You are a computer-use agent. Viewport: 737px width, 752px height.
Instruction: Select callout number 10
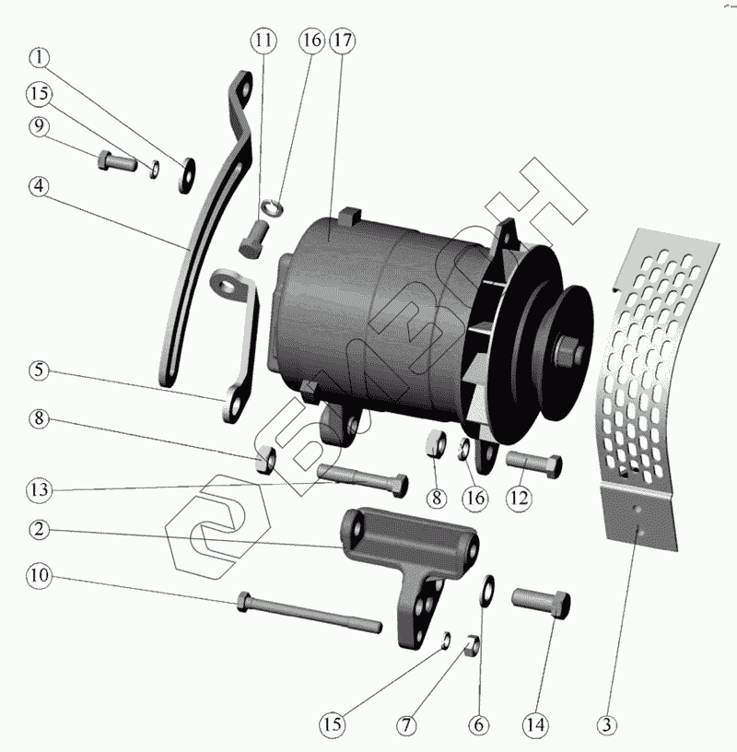pyautogui.click(x=39, y=577)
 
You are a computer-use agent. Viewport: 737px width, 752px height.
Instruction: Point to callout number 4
pyautogui.click(x=39, y=185)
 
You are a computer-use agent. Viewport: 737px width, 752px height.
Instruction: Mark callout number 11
pyautogui.click(x=264, y=41)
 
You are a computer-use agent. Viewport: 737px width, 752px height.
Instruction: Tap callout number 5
pyautogui.click(x=39, y=371)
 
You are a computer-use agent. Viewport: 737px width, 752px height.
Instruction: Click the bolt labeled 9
pyautogui.click(x=116, y=164)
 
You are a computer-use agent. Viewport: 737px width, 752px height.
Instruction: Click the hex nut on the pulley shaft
pyautogui.click(x=567, y=351)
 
